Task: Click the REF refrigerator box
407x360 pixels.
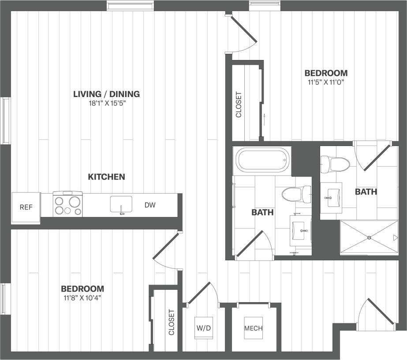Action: pos(26,206)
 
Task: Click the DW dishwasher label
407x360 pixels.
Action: pos(149,205)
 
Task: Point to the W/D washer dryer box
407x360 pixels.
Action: pos(204,328)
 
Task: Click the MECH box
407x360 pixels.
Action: pos(254,328)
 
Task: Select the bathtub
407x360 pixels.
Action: pos(263,161)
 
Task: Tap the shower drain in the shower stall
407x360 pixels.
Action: pos(369,238)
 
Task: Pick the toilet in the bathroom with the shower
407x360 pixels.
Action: pos(335,164)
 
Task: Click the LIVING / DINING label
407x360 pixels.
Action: pos(106,94)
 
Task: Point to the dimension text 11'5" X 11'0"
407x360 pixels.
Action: pos(326,82)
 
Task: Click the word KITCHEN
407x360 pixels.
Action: pos(106,177)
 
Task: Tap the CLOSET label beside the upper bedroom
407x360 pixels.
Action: pos(239,105)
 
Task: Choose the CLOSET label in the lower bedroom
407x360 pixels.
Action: pos(171,322)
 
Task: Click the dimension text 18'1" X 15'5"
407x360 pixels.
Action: pos(106,103)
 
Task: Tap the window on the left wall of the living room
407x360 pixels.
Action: pos(6,120)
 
